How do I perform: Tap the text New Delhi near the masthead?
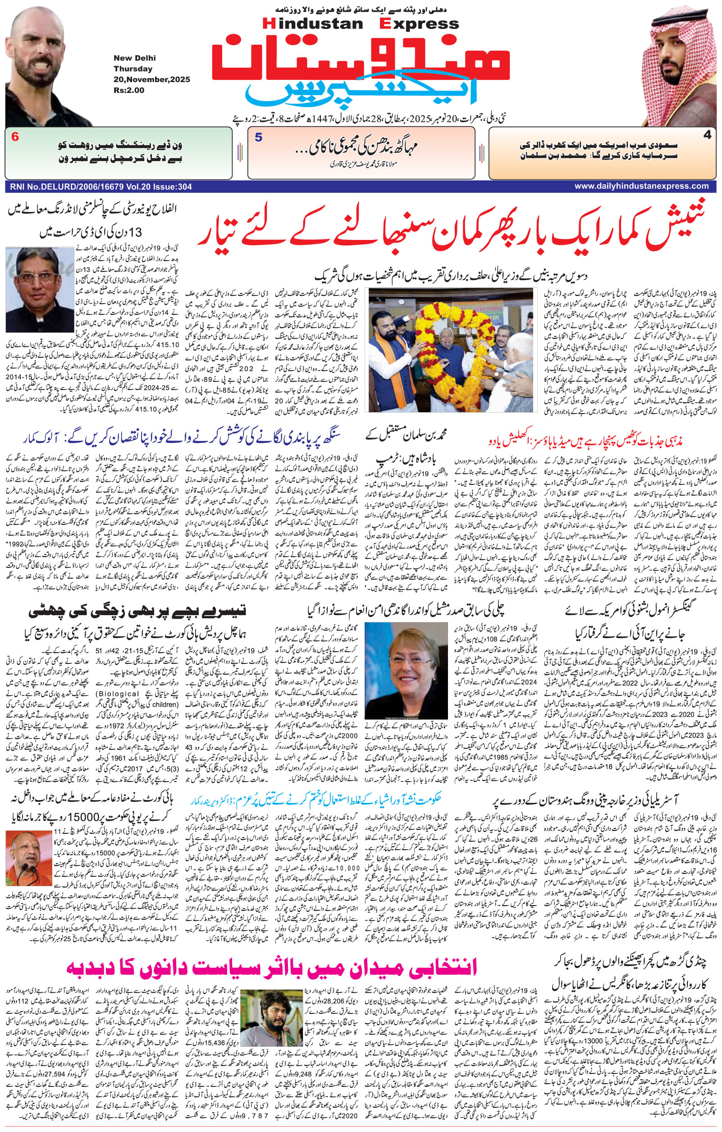click(134, 58)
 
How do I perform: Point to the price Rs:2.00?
click(129, 90)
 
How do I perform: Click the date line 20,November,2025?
click(151, 79)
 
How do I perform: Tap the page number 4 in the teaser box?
click(707, 135)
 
